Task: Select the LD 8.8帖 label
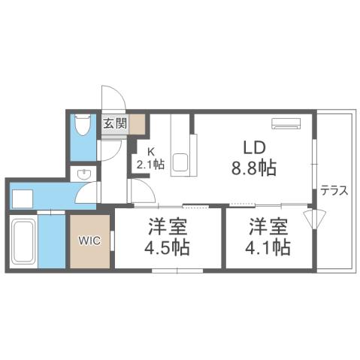tap(253, 157)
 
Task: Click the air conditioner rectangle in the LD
tap(286, 123)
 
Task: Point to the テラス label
tap(334, 190)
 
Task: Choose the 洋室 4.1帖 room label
tap(267, 237)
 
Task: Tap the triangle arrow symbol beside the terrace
tap(313, 218)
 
